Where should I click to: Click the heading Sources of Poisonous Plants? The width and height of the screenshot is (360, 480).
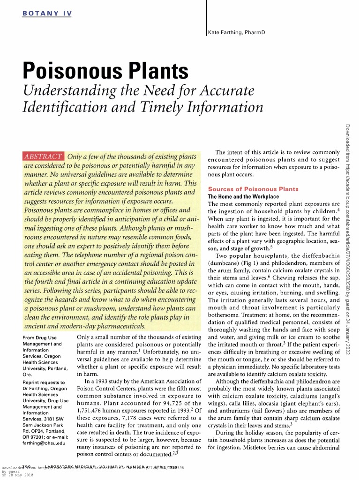click(253, 189)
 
